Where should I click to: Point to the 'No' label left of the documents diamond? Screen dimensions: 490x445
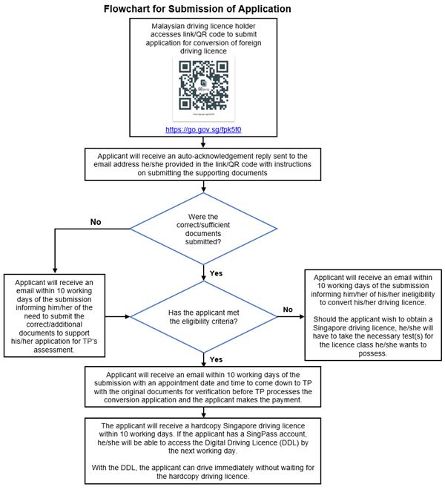tap(96, 221)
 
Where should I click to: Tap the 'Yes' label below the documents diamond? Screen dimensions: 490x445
tap(216, 273)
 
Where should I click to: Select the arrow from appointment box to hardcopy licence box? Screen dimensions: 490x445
tap(202, 412)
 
